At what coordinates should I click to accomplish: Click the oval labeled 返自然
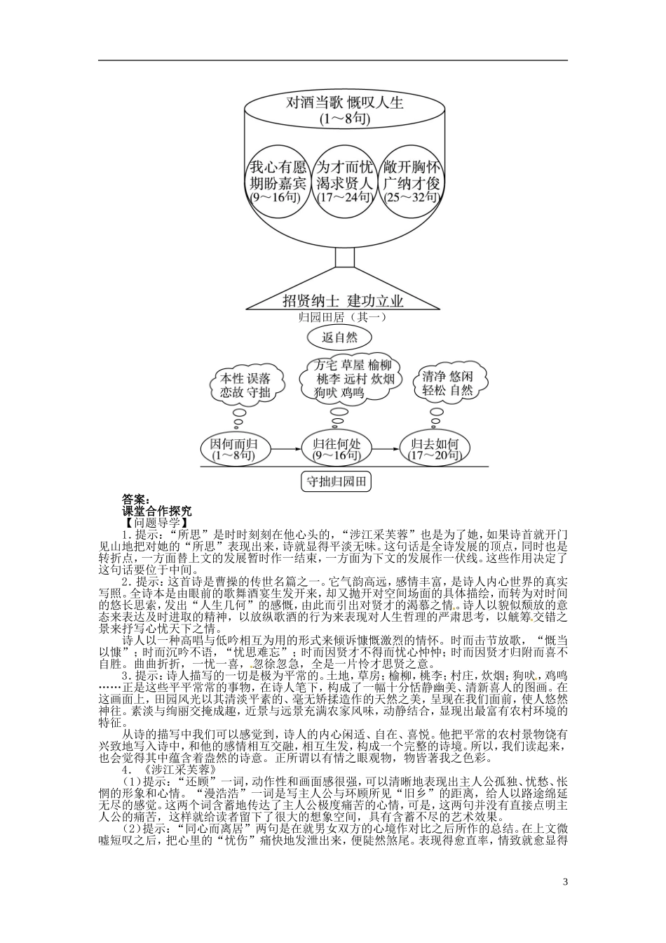340,337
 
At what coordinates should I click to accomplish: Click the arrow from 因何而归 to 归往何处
283,447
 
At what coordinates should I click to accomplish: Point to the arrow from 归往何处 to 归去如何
385,447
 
